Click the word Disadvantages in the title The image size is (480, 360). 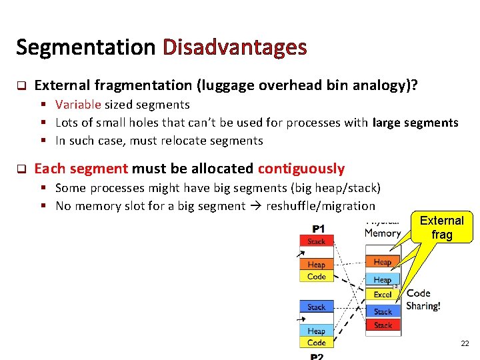pyautogui.click(x=235, y=47)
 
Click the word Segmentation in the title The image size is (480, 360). pyautogui.click(x=85, y=47)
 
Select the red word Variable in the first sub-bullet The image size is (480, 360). pyautogui.click(x=78, y=105)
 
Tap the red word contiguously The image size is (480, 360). pyautogui.click(x=301, y=169)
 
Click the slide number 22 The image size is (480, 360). pyautogui.click(x=465, y=343)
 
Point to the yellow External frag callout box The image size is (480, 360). pyautogui.click(x=442, y=227)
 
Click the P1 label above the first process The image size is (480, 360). pyautogui.click(x=319, y=229)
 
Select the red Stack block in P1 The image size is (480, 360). pyautogui.click(x=317, y=241)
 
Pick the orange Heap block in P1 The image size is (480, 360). pyautogui.click(x=317, y=265)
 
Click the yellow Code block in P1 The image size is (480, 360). pyautogui.click(x=317, y=277)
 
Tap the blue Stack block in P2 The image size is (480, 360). pyautogui.click(x=317, y=307)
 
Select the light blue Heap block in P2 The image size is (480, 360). pyautogui.click(x=317, y=331)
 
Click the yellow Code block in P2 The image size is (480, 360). pyautogui.click(x=317, y=343)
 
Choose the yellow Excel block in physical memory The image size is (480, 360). pyautogui.click(x=383, y=294)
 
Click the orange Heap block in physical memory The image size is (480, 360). pyautogui.click(x=383, y=262)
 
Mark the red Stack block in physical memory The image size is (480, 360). pyautogui.click(x=383, y=325)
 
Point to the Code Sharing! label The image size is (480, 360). pyautogui.click(x=423, y=300)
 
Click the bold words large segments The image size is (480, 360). pyautogui.click(x=416, y=123)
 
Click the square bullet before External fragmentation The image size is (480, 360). pyautogui.click(x=20, y=85)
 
